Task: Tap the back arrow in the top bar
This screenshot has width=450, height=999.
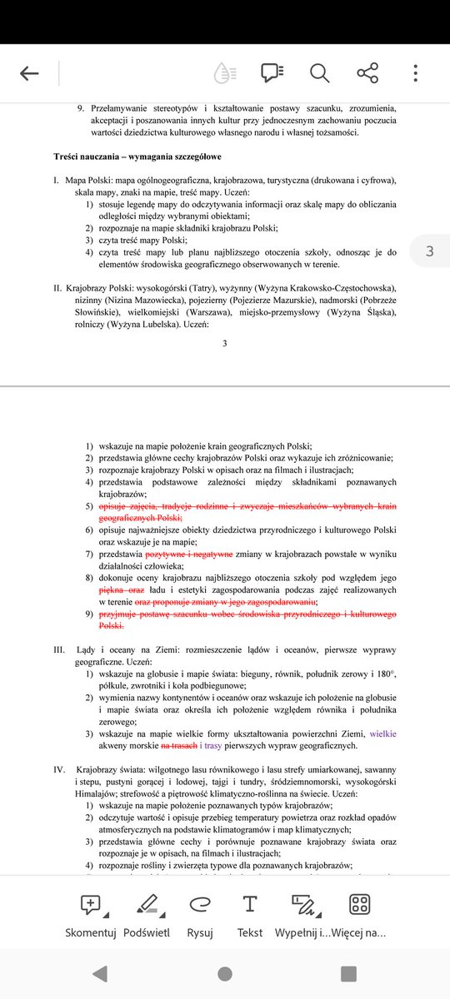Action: coord(30,73)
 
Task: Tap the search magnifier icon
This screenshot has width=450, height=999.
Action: coord(320,73)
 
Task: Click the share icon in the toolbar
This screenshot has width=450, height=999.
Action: coord(367,73)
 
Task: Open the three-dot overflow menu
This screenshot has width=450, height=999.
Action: coord(416,73)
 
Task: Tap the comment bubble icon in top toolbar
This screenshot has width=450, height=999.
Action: coord(272,73)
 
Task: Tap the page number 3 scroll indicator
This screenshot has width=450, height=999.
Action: coord(428,251)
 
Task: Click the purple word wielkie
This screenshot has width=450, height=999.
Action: coord(382,734)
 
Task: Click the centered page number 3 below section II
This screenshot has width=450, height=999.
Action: coord(224,343)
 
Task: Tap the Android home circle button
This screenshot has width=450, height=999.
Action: coord(225,973)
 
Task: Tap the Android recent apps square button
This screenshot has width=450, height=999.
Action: coord(349,973)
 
